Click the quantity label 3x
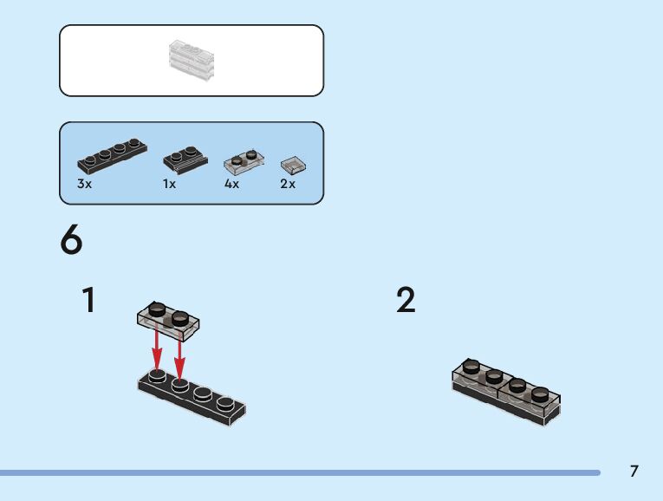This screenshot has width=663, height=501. point(84,185)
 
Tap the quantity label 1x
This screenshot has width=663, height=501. point(169,185)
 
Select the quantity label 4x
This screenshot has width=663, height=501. point(231,185)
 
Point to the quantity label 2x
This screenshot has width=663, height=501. point(288,185)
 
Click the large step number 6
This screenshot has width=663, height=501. point(72,240)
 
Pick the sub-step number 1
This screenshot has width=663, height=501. point(88,300)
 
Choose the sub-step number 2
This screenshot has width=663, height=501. point(406,300)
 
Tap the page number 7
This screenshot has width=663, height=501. point(634,472)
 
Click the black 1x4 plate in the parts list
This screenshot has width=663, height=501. point(112,156)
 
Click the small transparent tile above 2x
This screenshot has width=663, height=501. point(293,165)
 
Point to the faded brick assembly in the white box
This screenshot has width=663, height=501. point(191,59)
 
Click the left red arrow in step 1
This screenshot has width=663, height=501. point(157,349)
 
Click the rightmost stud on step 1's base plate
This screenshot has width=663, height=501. point(224,401)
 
